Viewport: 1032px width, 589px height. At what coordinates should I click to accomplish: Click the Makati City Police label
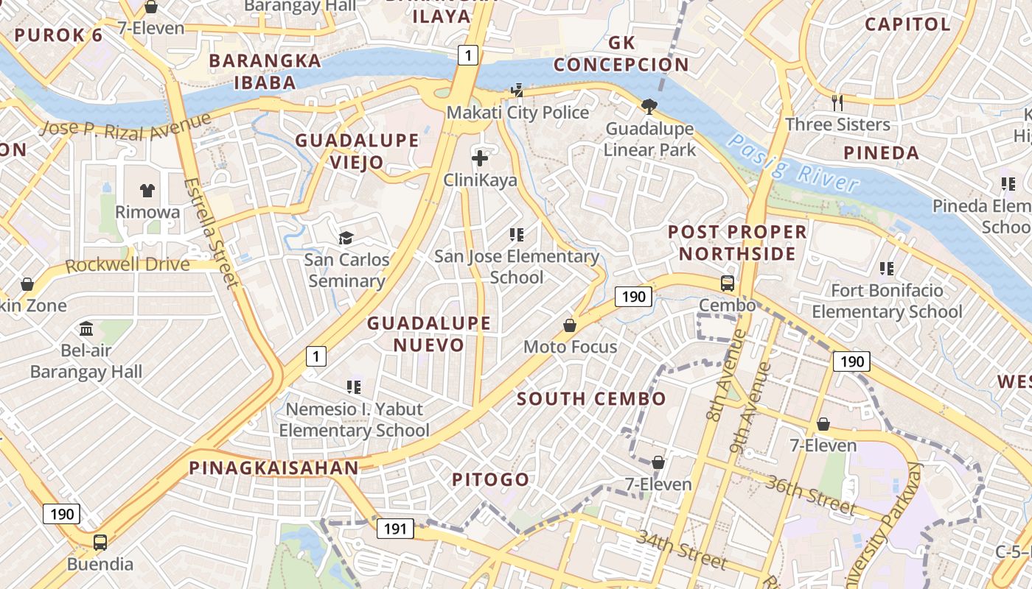click(x=518, y=113)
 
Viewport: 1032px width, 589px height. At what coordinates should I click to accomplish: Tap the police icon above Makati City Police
click(x=517, y=91)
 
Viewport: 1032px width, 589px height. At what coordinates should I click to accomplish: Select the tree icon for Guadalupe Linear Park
click(x=649, y=107)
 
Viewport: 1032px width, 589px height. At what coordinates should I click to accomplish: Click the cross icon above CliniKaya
click(x=480, y=158)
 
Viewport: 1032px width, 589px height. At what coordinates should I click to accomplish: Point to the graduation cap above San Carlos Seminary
click(x=346, y=237)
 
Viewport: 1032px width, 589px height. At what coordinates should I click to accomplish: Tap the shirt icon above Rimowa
click(x=147, y=190)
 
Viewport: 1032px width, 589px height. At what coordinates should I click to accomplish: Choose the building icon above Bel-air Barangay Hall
click(x=86, y=328)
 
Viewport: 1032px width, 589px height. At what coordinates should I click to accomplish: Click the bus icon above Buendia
click(x=100, y=543)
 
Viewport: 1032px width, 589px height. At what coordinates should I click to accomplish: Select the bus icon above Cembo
click(x=727, y=283)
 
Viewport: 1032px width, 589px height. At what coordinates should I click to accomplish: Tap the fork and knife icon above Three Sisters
click(x=837, y=102)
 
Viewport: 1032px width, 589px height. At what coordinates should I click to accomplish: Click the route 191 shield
click(x=395, y=528)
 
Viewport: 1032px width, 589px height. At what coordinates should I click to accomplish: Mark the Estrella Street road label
click(x=211, y=232)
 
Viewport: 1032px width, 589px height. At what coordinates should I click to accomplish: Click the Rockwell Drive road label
click(x=128, y=264)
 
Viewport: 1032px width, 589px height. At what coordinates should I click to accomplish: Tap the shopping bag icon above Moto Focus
click(x=570, y=325)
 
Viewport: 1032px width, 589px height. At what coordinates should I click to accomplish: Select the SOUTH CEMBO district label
click(x=591, y=399)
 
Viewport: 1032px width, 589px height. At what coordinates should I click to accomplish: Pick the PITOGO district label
click(x=490, y=480)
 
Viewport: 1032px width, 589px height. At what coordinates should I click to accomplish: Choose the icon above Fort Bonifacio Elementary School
click(x=887, y=269)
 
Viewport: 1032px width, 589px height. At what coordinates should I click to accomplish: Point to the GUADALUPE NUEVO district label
click(x=428, y=334)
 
